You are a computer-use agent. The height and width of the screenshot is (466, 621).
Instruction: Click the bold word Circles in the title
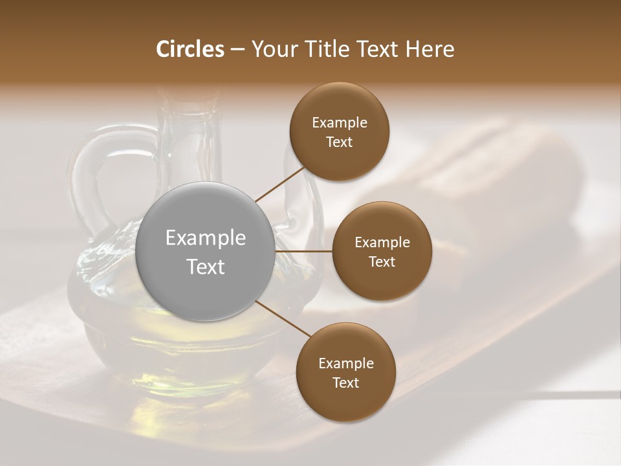(190, 49)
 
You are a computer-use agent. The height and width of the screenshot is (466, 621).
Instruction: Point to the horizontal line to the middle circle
(304, 251)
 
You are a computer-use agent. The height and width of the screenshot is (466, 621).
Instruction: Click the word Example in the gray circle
(206, 238)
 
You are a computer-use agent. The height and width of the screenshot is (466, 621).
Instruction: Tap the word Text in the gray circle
(206, 267)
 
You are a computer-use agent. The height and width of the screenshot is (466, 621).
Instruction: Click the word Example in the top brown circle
(339, 123)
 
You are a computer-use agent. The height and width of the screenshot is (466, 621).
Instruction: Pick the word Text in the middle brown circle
(382, 261)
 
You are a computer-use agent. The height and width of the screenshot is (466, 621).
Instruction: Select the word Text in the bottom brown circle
(345, 383)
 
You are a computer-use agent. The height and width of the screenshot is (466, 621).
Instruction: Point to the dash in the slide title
(237, 49)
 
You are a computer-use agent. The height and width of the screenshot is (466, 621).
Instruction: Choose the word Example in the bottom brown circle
(345, 364)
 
